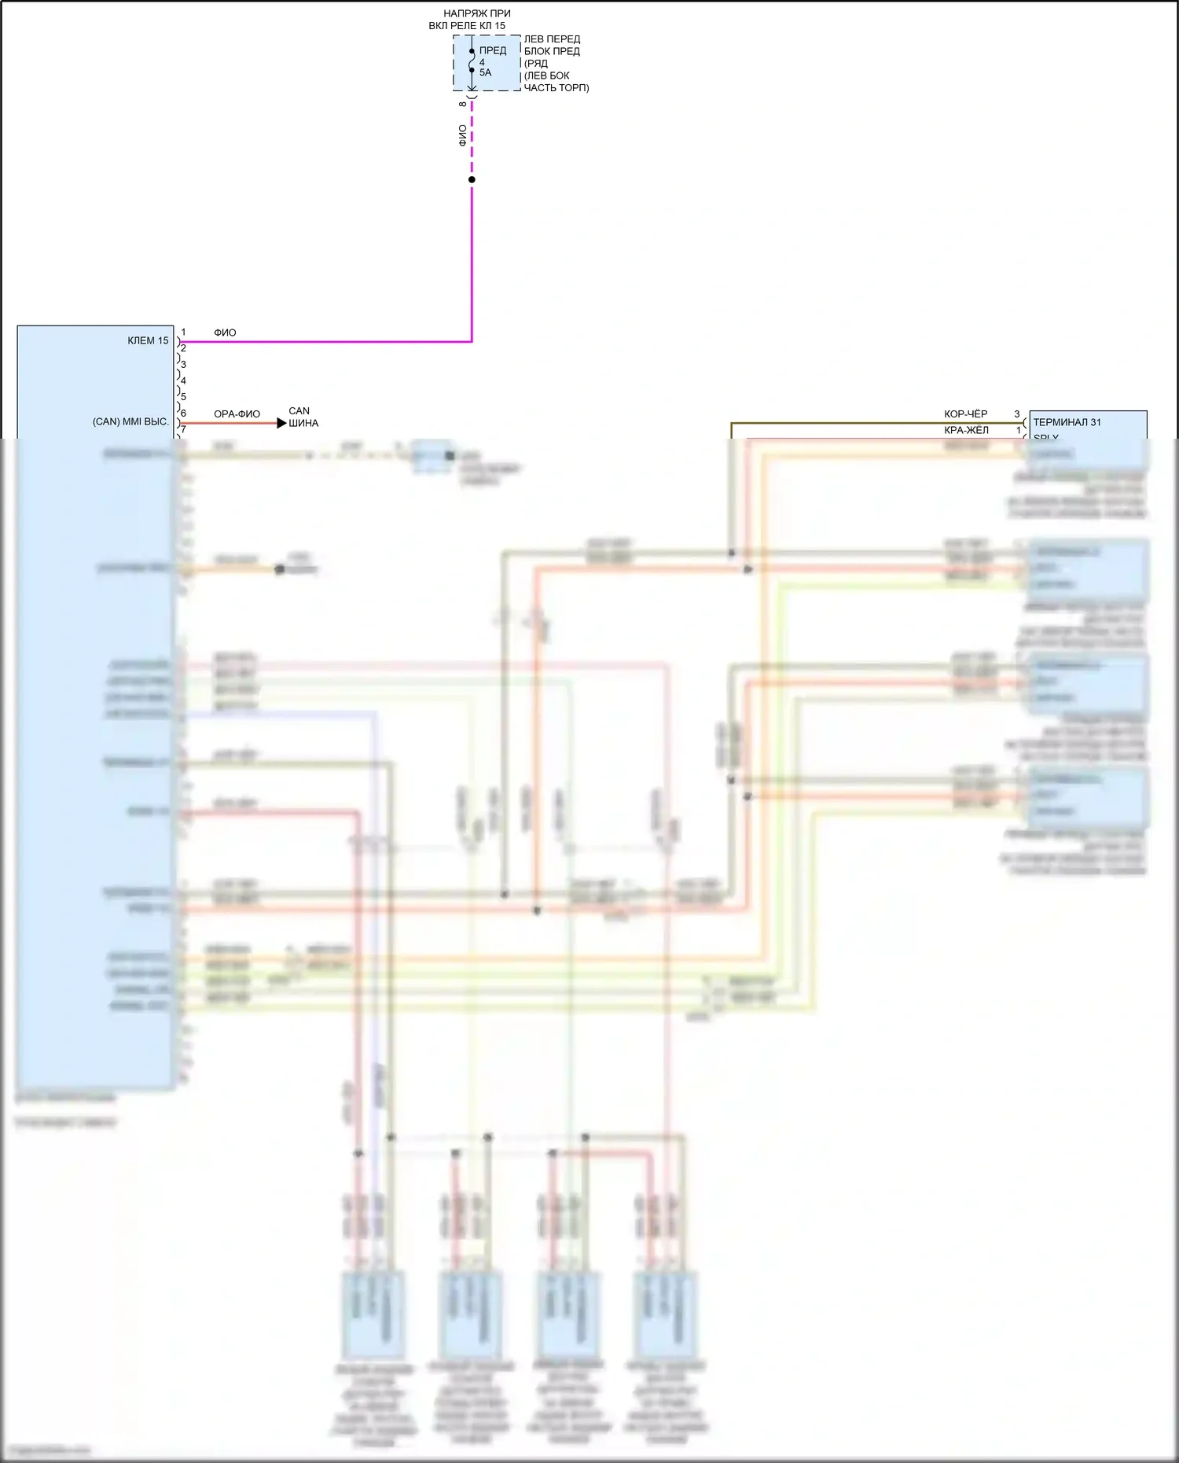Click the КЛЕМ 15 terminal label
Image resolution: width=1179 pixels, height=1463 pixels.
point(148,340)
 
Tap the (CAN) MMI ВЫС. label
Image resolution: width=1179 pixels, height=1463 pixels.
point(130,422)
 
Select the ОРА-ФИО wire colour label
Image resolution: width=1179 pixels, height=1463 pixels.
point(237,414)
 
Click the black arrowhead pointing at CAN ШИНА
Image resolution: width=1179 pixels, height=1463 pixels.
point(281,423)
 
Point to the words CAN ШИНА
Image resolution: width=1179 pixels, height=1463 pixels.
point(303,417)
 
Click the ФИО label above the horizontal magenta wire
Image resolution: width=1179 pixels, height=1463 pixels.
point(225,333)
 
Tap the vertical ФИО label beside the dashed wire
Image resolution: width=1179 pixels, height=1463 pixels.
point(462,135)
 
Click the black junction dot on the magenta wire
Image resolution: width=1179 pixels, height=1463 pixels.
point(472,179)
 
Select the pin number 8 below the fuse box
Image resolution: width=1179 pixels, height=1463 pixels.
point(463,104)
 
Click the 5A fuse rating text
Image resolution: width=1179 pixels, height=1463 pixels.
point(485,73)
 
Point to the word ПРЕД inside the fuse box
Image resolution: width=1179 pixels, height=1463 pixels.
point(493,50)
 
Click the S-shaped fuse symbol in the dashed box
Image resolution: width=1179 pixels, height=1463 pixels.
point(472,61)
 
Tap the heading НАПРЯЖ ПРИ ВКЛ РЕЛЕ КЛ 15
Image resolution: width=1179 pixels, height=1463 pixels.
point(472,20)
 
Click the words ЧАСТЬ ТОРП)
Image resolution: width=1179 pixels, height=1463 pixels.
point(556,87)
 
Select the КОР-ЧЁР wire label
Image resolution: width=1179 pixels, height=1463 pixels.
point(965,414)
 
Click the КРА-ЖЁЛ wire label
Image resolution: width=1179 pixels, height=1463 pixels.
point(966,430)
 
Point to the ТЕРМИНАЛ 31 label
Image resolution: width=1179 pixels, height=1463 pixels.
point(1067,422)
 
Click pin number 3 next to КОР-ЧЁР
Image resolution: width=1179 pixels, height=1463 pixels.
point(1016,414)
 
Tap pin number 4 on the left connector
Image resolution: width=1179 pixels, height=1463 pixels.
point(183,380)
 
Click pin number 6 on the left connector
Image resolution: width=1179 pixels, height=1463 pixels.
point(183,414)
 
